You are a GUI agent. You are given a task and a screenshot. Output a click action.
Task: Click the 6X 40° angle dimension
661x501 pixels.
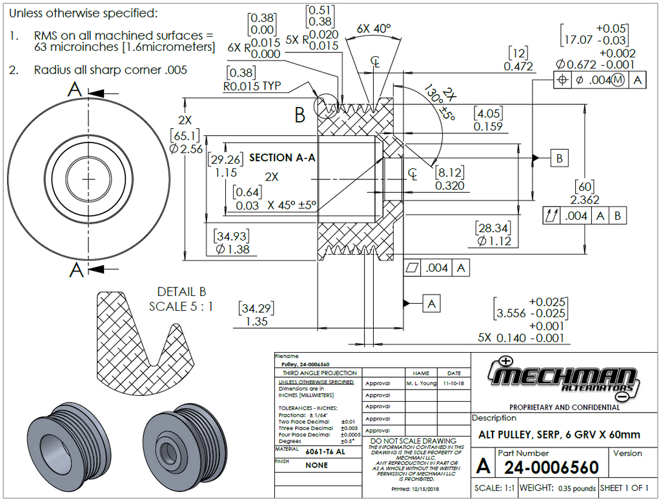(374, 29)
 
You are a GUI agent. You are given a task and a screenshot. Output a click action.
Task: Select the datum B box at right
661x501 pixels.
(560, 157)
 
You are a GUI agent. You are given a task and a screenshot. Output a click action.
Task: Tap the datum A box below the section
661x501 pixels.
(432, 302)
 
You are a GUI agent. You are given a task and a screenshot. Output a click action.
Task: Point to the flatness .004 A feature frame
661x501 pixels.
(436, 268)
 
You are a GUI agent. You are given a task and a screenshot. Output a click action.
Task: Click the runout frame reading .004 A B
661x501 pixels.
(584, 216)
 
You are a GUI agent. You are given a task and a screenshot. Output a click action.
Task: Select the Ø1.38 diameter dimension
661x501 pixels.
(233, 249)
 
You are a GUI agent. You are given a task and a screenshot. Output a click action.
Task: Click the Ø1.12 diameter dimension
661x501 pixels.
(494, 241)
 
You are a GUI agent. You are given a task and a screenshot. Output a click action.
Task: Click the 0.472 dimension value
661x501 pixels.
(518, 66)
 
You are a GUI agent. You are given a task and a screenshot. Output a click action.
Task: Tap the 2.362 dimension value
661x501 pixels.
(585, 200)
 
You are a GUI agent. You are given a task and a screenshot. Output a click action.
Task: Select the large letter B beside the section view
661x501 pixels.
(300, 116)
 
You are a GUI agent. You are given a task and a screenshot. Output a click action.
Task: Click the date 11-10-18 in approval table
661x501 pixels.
(454, 383)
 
